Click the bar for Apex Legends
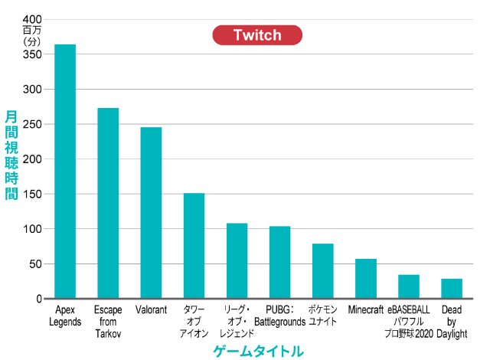tap(65, 172)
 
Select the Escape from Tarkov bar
tap(108, 203)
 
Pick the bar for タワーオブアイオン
tap(194, 246)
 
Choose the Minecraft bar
tap(366, 279)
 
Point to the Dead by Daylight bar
tap(452, 289)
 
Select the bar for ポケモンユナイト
tap(322, 271)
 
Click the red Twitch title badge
tap(256, 35)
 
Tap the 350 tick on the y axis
tap(32, 54)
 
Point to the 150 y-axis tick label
tap(32, 195)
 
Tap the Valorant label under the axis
tap(151, 310)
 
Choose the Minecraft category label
tap(365, 310)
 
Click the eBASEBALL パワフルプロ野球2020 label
tap(409, 322)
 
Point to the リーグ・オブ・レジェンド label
tap(237, 322)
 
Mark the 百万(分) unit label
tap(31, 35)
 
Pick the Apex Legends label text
tap(65, 316)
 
